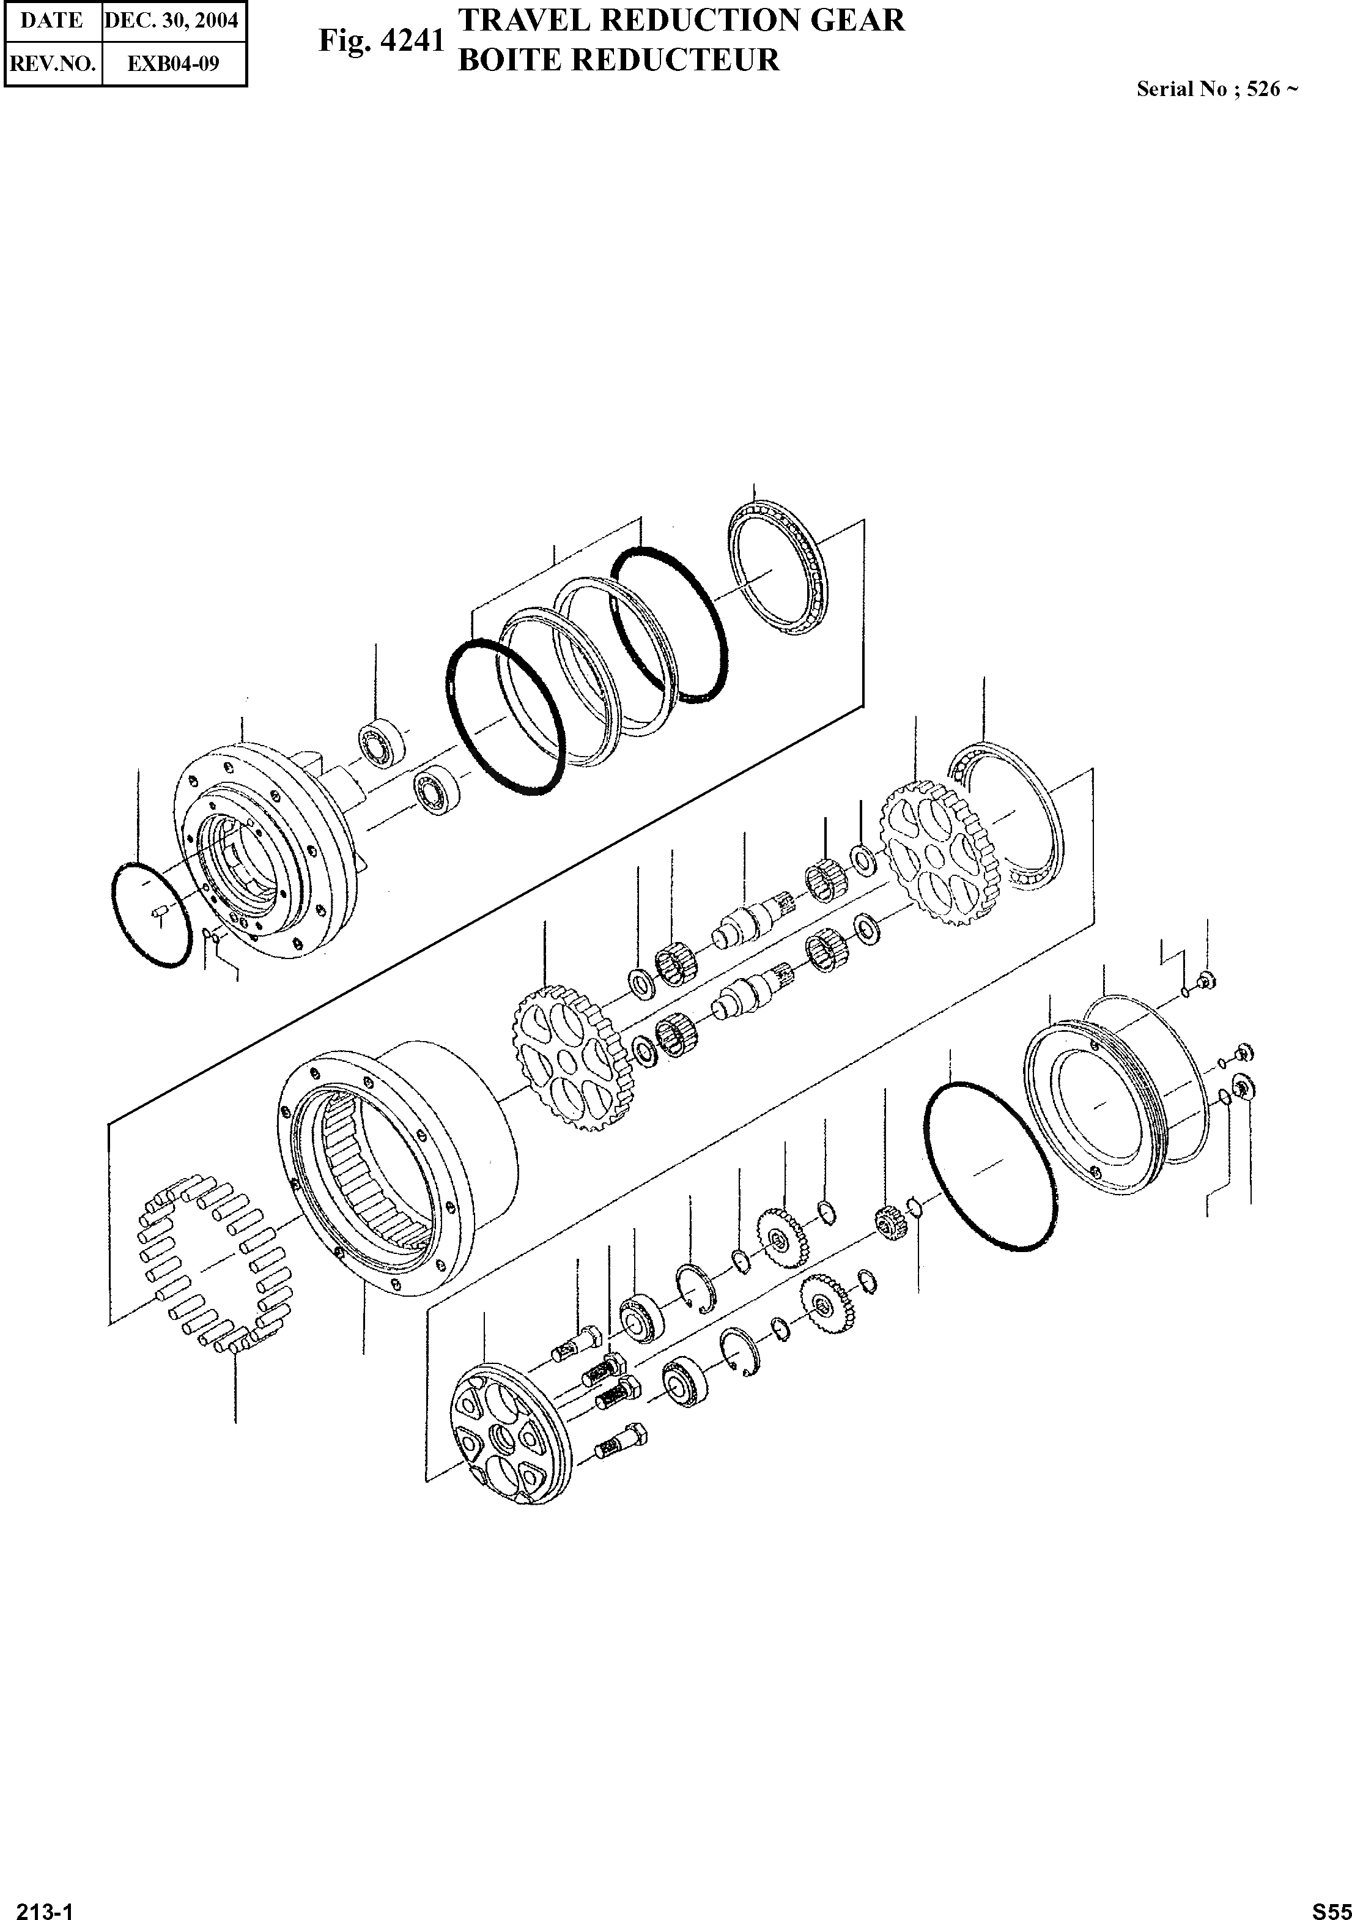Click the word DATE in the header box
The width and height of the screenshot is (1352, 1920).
tap(52, 21)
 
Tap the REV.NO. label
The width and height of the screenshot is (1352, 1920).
tap(52, 63)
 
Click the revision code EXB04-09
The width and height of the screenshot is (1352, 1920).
tap(173, 63)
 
